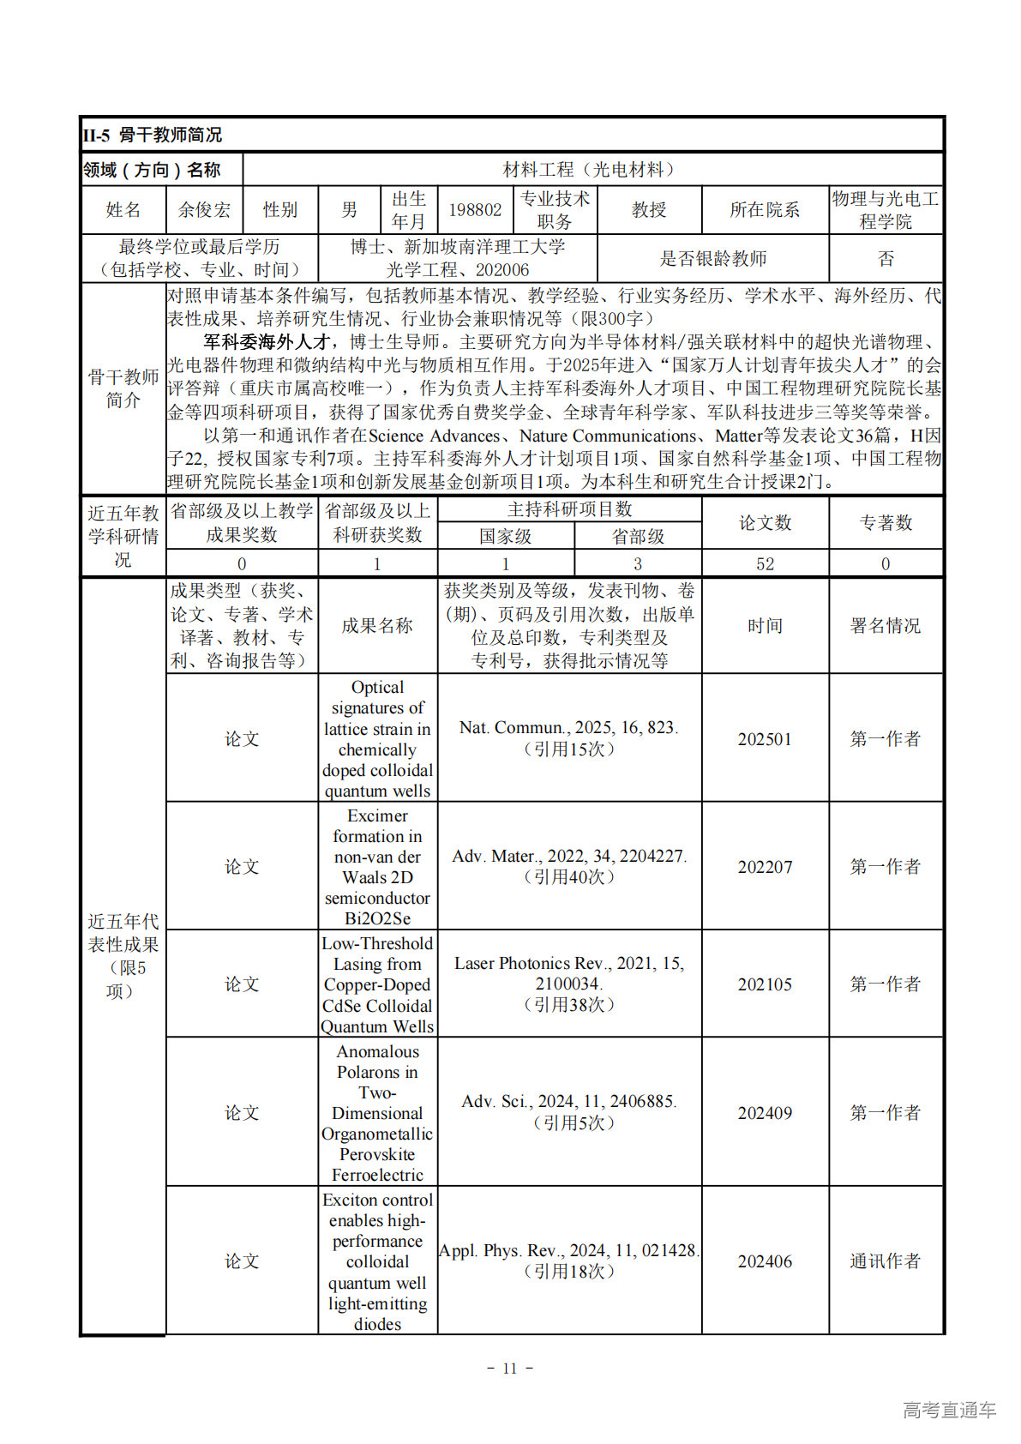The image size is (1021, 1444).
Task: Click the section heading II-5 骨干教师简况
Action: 153,135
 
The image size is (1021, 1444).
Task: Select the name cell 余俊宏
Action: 204,210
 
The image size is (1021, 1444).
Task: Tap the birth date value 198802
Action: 475,210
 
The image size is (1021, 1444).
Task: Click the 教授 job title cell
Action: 649,210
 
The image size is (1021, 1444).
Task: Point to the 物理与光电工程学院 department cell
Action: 886,210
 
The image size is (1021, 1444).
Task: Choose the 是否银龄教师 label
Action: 713,259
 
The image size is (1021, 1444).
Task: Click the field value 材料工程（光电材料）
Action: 592,170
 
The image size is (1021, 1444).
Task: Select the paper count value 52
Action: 765,564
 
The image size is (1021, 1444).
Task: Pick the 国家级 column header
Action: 505,537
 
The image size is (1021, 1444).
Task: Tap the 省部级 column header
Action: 638,537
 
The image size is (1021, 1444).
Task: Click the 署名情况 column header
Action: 886,626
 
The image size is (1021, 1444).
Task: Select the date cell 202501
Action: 765,739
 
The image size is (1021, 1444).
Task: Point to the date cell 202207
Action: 765,867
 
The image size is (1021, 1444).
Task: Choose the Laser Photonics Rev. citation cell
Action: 569,984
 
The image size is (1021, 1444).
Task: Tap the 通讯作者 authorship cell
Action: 886,1261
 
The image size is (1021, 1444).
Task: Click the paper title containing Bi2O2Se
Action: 377,867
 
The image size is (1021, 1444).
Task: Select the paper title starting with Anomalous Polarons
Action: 377,1112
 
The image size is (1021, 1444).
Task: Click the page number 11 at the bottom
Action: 510,1369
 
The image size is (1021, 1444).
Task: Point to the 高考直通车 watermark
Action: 949,1410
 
